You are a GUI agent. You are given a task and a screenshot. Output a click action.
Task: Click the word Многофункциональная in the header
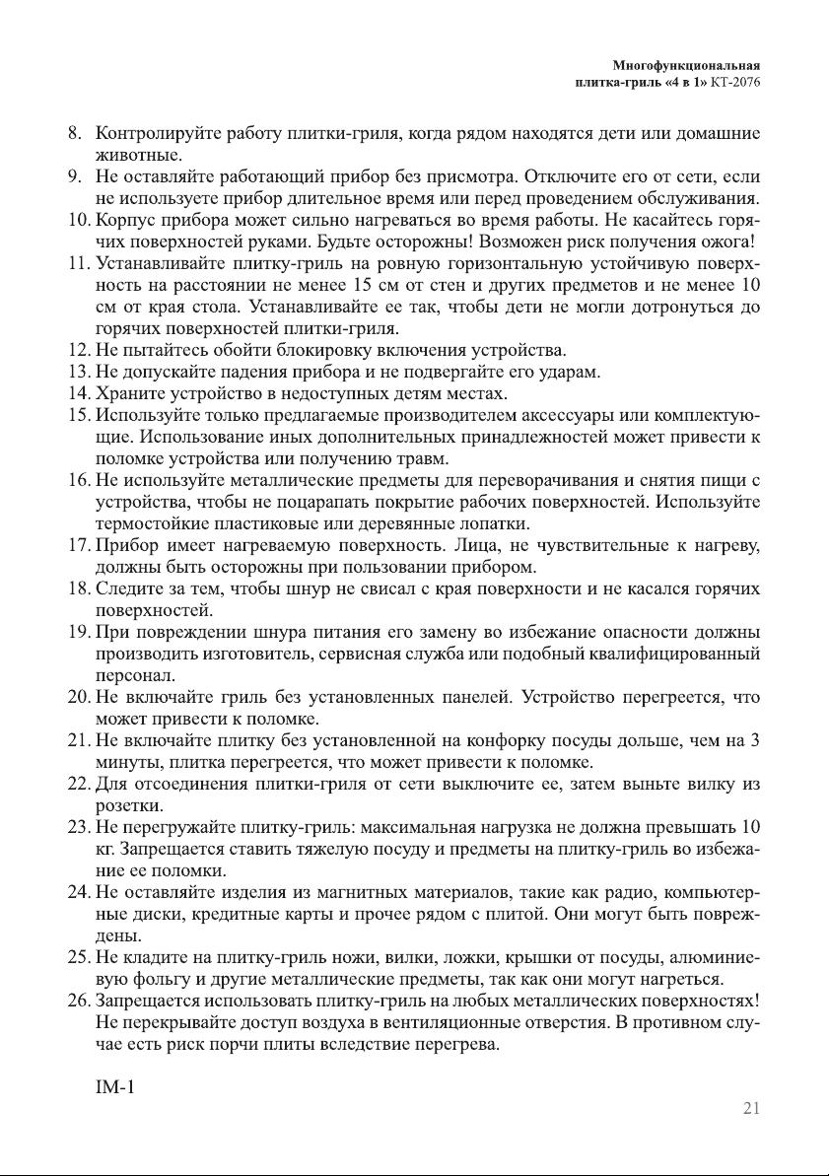pyautogui.click(x=687, y=66)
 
